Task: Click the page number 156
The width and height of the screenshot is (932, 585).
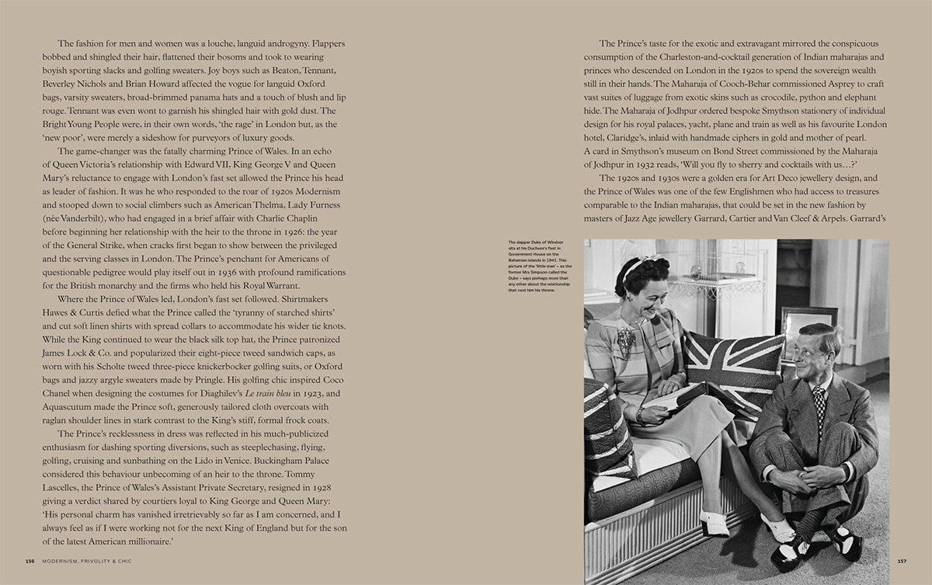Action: (x=30, y=561)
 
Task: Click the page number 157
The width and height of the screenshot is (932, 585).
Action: (x=902, y=561)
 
